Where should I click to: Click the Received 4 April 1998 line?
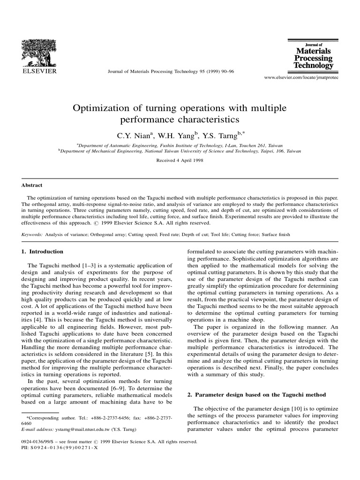coord(180,160)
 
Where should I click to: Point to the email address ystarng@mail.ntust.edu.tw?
coord(83,429)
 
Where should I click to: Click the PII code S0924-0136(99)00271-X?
coord(64,448)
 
